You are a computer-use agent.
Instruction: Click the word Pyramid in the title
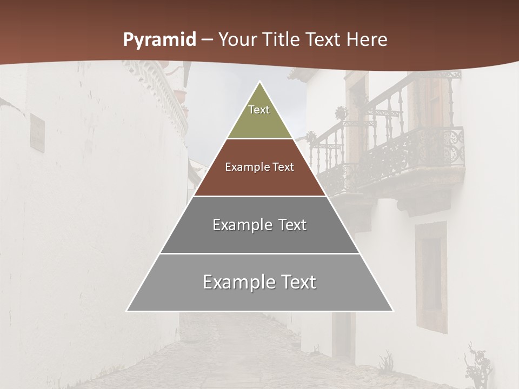pyautogui.click(x=159, y=40)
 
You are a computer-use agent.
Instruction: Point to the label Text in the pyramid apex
pyautogui.click(x=259, y=110)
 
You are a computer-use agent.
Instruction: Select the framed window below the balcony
pyautogui.click(x=431, y=276)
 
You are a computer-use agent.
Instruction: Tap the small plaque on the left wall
pyautogui.click(x=37, y=133)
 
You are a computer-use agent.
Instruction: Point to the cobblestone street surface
pyautogui.click(x=243, y=357)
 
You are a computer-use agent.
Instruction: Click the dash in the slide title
pyautogui.click(x=207, y=40)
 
